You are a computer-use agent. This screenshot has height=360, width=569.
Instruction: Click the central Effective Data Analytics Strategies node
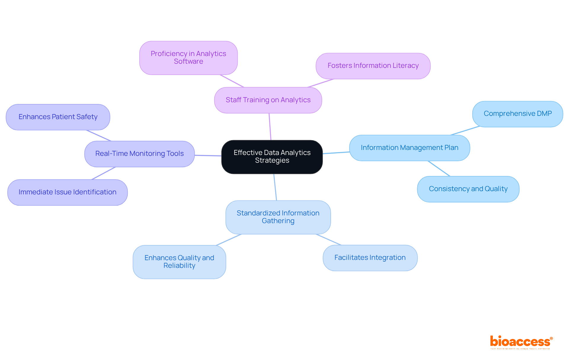coord(272,157)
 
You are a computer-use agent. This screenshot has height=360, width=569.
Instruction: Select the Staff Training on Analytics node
coord(268,100)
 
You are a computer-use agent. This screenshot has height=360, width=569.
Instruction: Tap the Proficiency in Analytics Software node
coord(188,58)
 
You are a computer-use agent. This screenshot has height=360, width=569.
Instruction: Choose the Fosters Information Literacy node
coord(373,66)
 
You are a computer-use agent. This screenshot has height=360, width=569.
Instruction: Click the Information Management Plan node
coord(409,148)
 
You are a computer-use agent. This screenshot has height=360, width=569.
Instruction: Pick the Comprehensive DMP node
coord(517,114)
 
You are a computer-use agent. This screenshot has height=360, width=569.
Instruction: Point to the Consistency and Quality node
coord(468,189)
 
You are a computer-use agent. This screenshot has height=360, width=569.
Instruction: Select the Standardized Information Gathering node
coord(278,217)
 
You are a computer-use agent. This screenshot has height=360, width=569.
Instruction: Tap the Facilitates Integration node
coord(370,258)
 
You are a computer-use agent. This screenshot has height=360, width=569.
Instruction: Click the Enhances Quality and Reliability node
coord(179,262)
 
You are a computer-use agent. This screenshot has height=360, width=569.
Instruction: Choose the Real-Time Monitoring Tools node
coord(139,154)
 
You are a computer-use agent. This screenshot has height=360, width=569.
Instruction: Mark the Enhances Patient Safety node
coord(58,117)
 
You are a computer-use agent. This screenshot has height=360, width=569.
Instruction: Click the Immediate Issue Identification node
coord(67,192)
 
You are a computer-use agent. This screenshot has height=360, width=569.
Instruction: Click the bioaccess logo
coord(521,342)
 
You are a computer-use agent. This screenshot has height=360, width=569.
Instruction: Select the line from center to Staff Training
coord(270,127)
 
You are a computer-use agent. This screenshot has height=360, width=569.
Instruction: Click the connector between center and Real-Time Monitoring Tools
coord(208,155)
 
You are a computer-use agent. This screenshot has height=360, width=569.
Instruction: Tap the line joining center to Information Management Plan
coord(336,153)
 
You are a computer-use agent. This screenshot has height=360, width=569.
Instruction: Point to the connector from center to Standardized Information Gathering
coord(275,187)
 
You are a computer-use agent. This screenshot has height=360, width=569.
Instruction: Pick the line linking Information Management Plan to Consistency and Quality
coord(439,169)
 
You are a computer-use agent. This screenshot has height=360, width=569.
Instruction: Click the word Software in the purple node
coord(188,62)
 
